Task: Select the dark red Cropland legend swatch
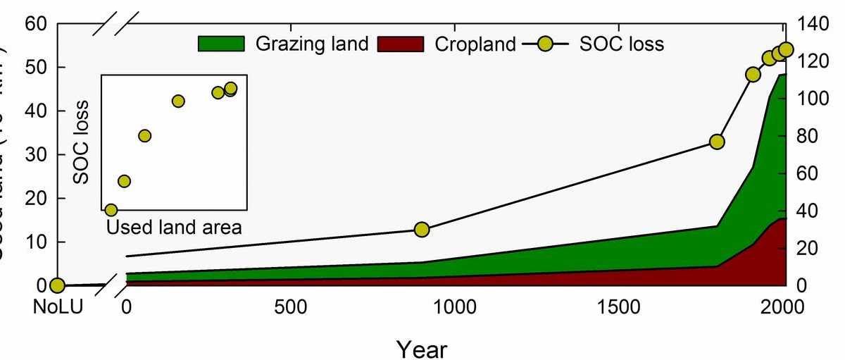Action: (x=401, y=44)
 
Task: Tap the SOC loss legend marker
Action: (x=544, y=44)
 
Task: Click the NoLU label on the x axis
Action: (x=58, y=307)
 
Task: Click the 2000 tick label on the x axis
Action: (x=780, y=307)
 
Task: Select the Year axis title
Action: (x=420, y=347)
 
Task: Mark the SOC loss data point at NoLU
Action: (x=57, y=285)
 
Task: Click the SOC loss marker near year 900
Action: (x=422, y=230)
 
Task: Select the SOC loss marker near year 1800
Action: (x=718, y=142)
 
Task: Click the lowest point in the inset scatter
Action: (x=111, y=210)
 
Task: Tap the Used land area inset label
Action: (x=174, y=227)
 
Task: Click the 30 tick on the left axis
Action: (x=35, y=154)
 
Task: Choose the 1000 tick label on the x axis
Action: (x=453, y=307)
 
